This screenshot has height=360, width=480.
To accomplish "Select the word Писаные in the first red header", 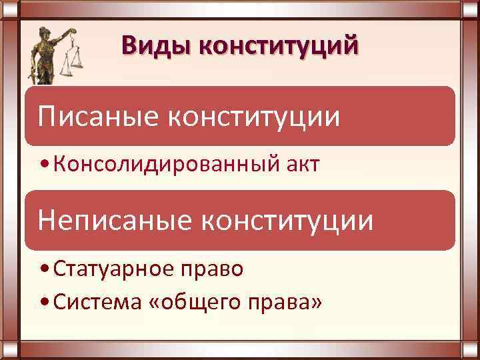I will (96, 116).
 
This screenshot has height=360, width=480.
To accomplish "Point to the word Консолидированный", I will (154, 164).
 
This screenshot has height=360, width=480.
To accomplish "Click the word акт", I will (299, 164).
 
